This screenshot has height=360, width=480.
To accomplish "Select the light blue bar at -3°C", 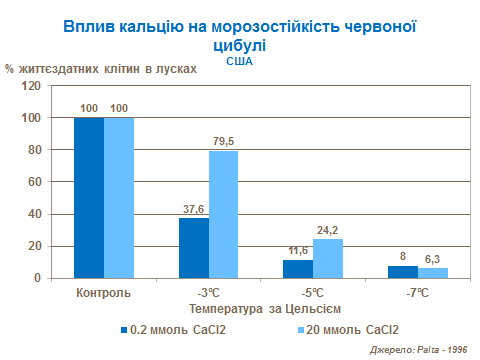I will pos(223,214).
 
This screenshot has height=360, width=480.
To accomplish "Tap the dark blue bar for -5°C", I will pos(298,269).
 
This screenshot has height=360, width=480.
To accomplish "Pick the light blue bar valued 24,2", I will pos(328,259).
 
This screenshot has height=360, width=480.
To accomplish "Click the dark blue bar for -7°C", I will pos(403,272).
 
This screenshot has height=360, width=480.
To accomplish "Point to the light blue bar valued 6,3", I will pos(433,273).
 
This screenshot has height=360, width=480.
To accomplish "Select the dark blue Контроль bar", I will pos(88,198).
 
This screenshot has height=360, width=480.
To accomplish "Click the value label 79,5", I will pos(223,142).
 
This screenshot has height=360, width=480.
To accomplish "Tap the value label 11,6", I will pos(298,251).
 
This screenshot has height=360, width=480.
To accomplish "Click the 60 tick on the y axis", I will pos(32,182).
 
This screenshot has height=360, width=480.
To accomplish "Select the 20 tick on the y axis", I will pos(32,246).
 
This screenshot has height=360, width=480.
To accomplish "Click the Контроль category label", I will pos(103,293).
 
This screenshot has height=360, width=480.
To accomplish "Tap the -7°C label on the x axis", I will pos(418,293).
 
